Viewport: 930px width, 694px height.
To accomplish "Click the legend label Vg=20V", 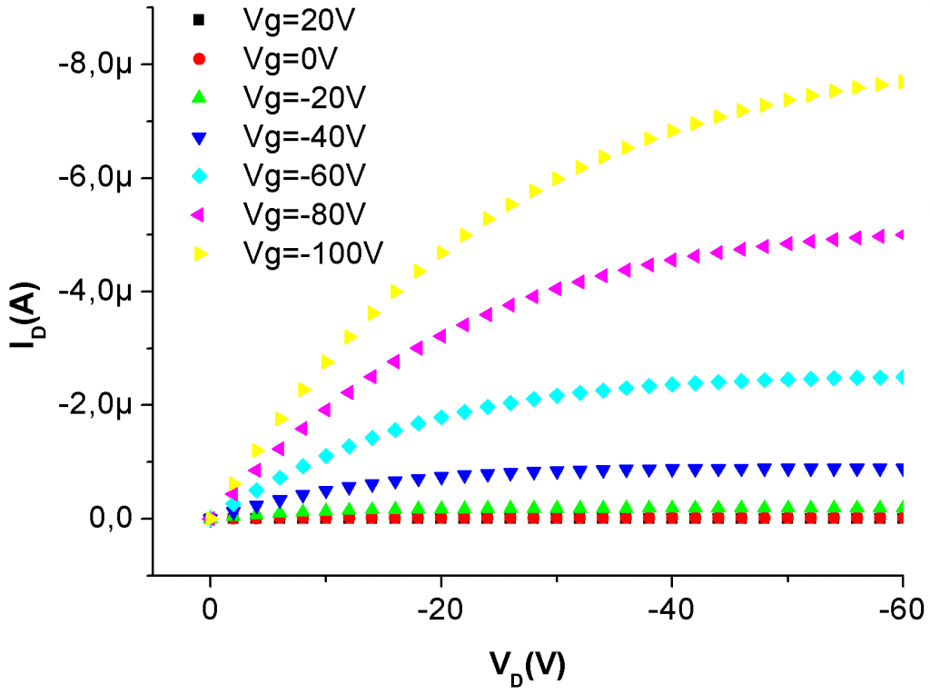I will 292,19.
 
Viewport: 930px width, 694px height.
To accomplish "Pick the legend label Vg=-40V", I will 298,136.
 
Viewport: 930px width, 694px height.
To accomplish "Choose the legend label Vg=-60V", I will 298,175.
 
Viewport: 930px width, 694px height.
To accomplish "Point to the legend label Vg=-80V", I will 298,214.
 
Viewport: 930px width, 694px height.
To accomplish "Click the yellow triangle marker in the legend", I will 201,253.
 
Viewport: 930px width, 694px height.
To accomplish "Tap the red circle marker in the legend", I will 201,58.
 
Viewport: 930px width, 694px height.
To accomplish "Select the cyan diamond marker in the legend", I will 201,175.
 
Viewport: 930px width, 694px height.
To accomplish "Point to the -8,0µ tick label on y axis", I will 95,64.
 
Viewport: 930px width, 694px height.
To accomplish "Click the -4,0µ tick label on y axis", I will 95,291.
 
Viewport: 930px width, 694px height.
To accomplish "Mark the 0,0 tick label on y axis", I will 110,519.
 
